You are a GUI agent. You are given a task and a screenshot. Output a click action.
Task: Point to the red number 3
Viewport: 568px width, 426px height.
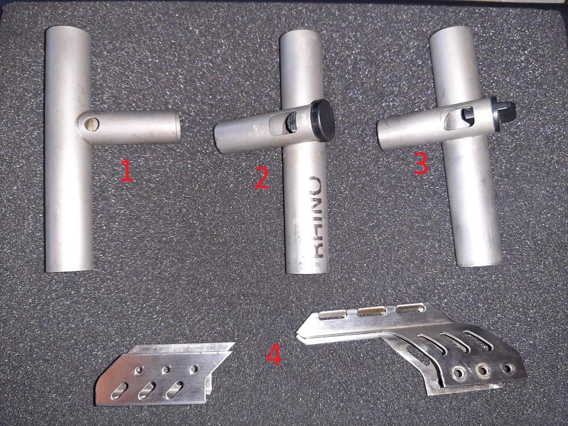click(421, 164)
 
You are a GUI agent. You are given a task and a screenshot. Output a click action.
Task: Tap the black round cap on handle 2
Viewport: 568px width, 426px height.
click(323, 120)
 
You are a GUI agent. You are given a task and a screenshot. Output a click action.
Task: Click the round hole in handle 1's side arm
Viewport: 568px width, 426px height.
click(92, 124)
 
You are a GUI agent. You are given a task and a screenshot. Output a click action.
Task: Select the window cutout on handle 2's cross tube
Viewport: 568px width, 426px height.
click(282, 123)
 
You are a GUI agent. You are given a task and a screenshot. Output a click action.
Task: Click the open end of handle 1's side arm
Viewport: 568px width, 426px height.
click(177, 127)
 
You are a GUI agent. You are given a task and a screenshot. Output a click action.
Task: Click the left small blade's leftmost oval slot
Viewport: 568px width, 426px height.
click(119, 391)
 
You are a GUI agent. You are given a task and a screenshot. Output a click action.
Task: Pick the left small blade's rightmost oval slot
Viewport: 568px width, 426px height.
click(175, 389)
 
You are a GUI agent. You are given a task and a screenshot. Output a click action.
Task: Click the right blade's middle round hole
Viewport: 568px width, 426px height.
click(484, 371)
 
